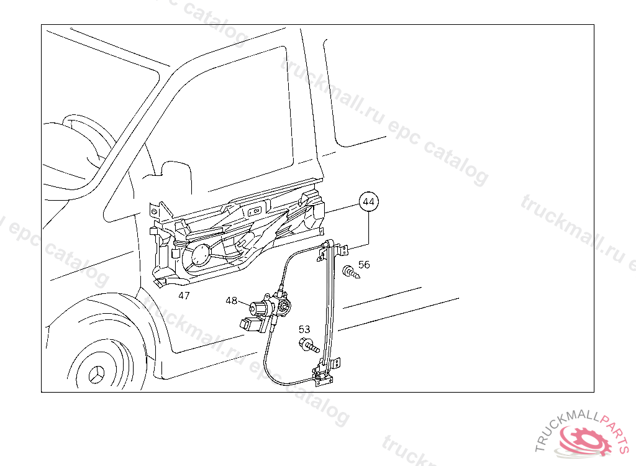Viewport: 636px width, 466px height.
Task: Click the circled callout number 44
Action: point(369,202)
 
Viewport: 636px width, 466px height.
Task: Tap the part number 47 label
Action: point(184,296)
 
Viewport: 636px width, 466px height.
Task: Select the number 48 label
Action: point(231,300)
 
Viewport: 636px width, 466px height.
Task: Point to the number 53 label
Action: point(304,329)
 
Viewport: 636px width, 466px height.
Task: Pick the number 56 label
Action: point(364,265)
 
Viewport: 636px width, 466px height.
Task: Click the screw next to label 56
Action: point(351,272)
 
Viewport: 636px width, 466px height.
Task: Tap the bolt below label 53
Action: point(309,345)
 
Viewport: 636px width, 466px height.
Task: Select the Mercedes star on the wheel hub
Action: point(96,374)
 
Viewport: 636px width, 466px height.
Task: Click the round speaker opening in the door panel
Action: point(201,255)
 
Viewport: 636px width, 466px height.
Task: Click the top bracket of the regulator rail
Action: point(334,249)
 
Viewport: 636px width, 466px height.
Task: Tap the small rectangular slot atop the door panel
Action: point(255,211)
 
